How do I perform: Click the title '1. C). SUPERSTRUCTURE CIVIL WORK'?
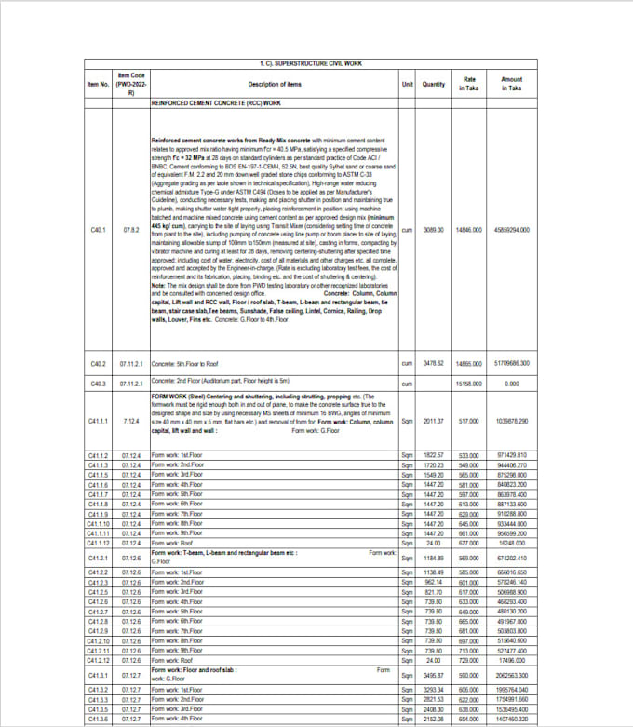(313, 62)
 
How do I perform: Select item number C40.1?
(99, 229)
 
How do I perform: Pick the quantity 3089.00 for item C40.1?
(435, 229)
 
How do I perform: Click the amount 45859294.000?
(511, 229)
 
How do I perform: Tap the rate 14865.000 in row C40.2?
(468, 362)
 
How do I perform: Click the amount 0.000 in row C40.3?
(511, 383)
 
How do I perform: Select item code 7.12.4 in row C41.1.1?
(131, 421)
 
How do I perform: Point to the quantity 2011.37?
(435, 421)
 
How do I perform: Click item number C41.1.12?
(99, 543)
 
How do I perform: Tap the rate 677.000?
(468, 543)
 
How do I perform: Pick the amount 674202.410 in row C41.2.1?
(511, 557)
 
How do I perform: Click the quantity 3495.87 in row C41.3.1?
(435, 674)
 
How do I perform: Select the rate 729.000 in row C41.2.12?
(468, 659)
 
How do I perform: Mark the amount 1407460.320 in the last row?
(511, 720)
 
